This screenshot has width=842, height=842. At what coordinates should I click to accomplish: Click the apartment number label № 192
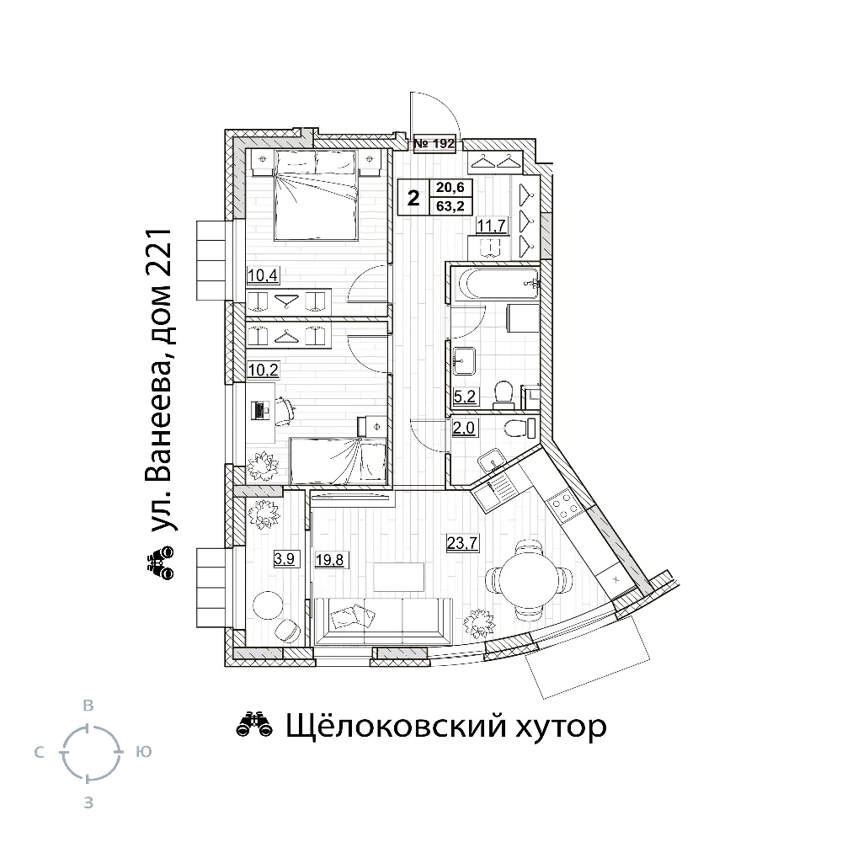click(x=434, y=143)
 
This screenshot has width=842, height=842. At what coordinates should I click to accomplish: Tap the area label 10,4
click(x=263, y=275)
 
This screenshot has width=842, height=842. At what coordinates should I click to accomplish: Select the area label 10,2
click(x=263, y=370)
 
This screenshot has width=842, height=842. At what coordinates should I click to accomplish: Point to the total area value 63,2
click(x=450, y=205)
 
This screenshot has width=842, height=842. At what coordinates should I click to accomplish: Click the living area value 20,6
click(x=450, y=187)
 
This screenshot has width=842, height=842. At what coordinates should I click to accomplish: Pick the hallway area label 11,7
click(x=492, y=226)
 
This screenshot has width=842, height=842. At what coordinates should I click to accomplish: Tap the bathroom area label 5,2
click(x=465, y=397)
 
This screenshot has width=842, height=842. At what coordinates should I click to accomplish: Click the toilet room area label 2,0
click(x=464, y=428)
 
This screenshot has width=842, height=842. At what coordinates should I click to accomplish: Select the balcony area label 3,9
click(x=284, y=559)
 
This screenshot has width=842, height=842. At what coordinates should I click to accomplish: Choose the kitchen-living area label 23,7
click(x=462, y=543)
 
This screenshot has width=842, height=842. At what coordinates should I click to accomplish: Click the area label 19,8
click(x=329, y=560)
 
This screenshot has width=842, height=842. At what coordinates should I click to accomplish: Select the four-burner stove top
click(x=565, y=504)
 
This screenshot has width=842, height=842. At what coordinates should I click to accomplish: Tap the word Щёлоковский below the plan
click(x=395, y=726)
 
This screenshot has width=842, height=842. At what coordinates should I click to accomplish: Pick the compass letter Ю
click(x=143, y=752)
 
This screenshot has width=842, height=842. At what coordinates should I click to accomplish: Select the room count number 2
click(x=413, y=198)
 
